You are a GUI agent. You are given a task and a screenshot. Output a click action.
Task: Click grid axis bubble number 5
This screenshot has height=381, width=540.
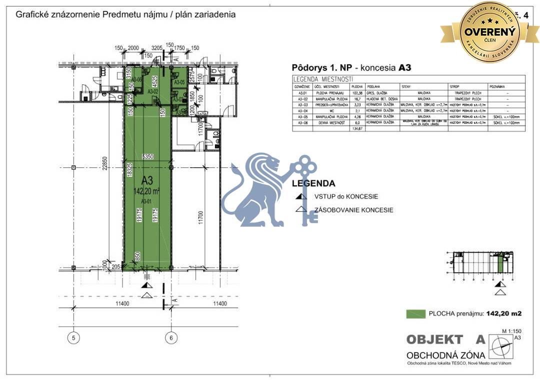pos(73,338)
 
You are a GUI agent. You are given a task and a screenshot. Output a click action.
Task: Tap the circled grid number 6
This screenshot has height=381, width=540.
pos(171,338)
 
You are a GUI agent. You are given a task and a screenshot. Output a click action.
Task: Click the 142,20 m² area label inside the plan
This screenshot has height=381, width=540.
pos(147,190)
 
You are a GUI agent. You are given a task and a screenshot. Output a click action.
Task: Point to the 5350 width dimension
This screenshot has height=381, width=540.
pos(148,156)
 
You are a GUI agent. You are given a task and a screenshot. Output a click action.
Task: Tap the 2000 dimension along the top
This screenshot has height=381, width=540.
pos(133,48)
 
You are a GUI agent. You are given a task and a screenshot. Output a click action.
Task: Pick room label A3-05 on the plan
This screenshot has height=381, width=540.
pos(179,82)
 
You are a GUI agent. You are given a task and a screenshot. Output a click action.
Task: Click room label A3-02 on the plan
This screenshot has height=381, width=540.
pos(152,92)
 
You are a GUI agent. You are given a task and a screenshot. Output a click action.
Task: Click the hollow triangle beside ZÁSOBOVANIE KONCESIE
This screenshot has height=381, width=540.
pos(301,210)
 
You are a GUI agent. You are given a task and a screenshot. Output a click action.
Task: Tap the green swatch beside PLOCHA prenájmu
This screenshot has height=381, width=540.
pos(414,314)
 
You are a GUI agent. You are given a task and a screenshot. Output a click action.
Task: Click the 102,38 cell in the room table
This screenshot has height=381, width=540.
pos(357,93)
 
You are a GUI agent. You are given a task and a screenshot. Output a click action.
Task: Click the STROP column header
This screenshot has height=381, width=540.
pos(454,86)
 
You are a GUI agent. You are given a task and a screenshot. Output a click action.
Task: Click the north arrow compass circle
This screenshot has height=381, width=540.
pos(500,347)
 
